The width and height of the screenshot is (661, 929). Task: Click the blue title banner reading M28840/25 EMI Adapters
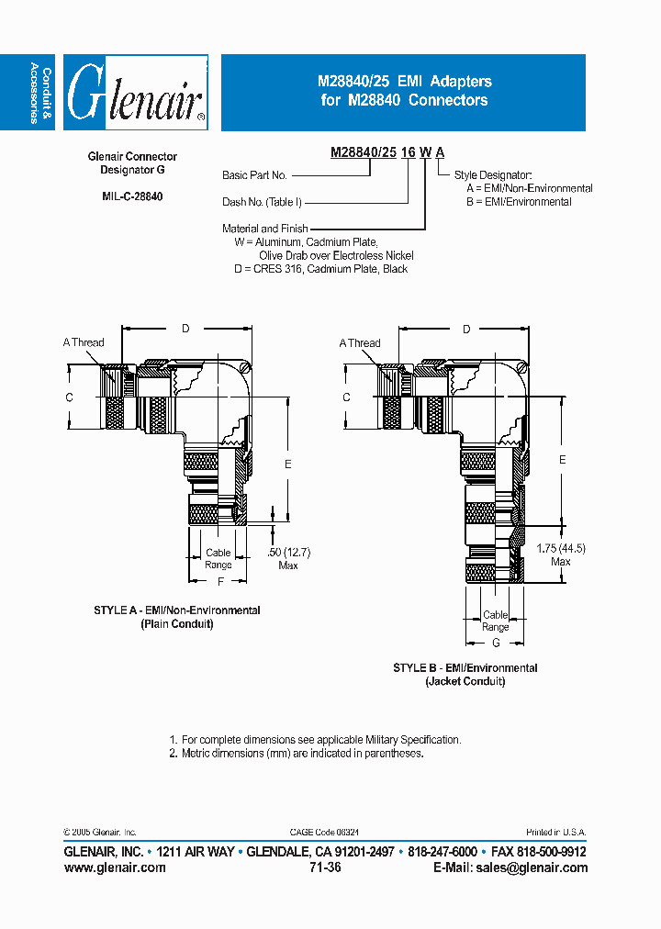(x=403, y=92)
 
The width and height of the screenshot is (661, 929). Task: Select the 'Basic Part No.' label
(x=254, y=175)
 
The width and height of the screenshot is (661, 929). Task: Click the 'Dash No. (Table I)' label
(x=262, y=202)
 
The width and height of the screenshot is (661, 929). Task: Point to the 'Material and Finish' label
(x=264, y=229)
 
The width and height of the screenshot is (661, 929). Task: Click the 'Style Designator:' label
(x=493, y=174)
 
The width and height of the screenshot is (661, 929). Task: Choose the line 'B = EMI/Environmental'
(x=519, y=202)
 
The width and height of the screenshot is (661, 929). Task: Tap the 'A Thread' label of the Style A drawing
(x=84, y=342)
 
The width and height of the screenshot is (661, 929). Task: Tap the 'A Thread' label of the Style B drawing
(x=360, y=343)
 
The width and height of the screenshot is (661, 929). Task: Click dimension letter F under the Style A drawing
(x=220, y=582)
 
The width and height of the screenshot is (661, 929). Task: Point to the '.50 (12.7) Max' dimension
(x=288, y=558)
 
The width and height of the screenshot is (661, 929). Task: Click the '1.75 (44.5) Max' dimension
(x=561, y=554)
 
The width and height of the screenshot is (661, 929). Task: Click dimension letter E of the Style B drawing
(x=563, y=459)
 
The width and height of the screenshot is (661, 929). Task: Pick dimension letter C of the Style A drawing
(x=69, y=397)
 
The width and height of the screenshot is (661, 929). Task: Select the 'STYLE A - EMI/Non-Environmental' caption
(x=177, y=610)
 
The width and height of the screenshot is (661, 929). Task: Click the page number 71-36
(x=326, y=867)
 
